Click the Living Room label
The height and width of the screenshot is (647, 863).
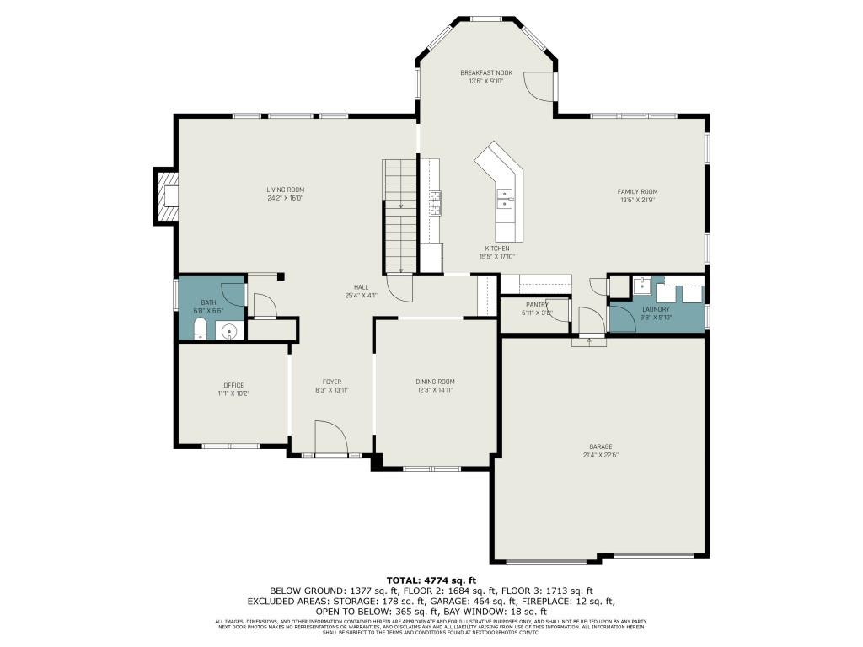[285, 190]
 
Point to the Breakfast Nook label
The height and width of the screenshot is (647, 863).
[485, 73]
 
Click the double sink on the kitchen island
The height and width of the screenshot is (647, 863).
[505, 199]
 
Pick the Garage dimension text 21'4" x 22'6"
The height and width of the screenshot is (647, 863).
[600, 456]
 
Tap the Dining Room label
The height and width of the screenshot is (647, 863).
[435, 382]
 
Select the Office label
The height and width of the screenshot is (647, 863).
[233, 385]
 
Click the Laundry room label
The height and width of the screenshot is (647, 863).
[656, 309]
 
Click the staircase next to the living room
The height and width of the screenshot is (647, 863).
[400, 215]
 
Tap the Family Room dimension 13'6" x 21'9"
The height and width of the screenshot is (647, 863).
[636, 200]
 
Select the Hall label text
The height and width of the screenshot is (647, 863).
[361, 287]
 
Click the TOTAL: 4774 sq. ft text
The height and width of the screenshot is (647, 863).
[431, 580]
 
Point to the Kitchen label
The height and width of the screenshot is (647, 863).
[496, 249]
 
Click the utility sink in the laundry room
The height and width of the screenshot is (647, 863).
[641, 286]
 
